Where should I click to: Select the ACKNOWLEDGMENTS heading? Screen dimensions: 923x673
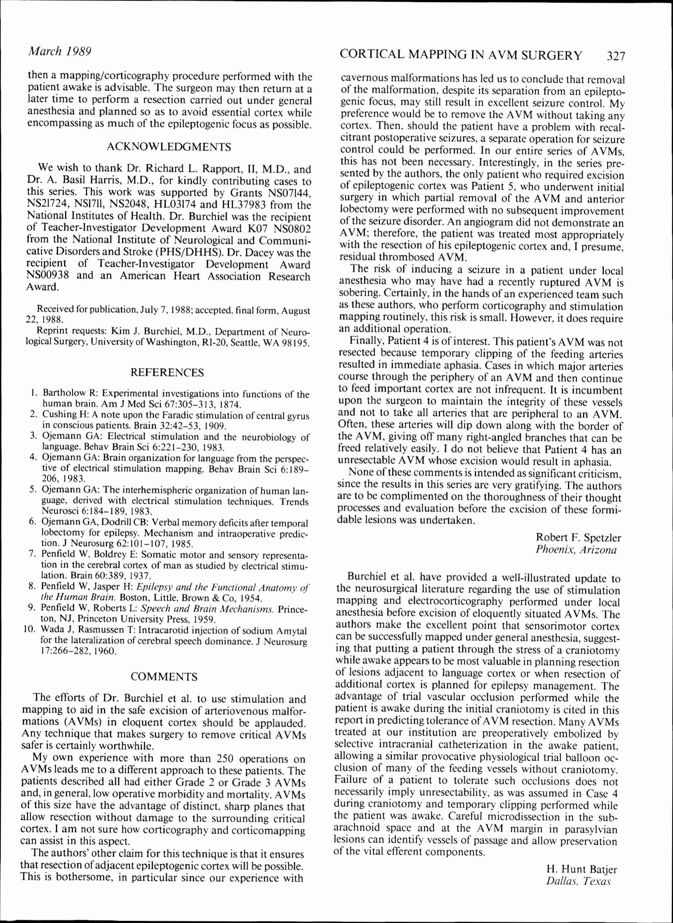[168, 147]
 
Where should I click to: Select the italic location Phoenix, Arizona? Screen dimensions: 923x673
[576, 550]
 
